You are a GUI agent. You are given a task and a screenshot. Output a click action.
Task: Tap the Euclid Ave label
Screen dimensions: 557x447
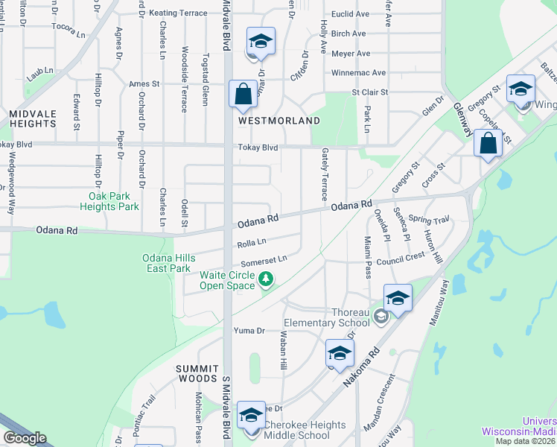click(x=350, y=13)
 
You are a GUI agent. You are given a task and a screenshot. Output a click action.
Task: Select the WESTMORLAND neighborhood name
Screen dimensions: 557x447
click(x=279, y=120)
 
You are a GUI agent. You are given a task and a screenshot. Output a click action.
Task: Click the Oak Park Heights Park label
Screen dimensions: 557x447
click(x=109, y=201)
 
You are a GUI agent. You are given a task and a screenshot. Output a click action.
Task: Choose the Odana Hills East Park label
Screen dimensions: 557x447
click(x=169, y=263)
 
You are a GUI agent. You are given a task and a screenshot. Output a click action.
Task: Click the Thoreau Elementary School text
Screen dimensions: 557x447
click(x=326, y=317)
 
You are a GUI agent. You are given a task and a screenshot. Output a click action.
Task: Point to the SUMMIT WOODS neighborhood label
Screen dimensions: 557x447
click(x=197, y=375)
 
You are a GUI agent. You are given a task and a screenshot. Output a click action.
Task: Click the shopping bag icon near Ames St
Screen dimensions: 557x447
click(x=243, y=94)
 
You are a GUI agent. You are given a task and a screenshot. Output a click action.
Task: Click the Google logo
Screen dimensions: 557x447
click(x=25, y=437)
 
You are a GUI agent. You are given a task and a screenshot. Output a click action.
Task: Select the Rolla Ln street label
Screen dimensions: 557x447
click(x=252, y=242)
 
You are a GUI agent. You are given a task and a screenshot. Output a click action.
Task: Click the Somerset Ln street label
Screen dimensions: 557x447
click(x=264, y=261)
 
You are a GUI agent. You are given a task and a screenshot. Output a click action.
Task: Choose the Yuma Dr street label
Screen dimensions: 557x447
click(x=249, y=330)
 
